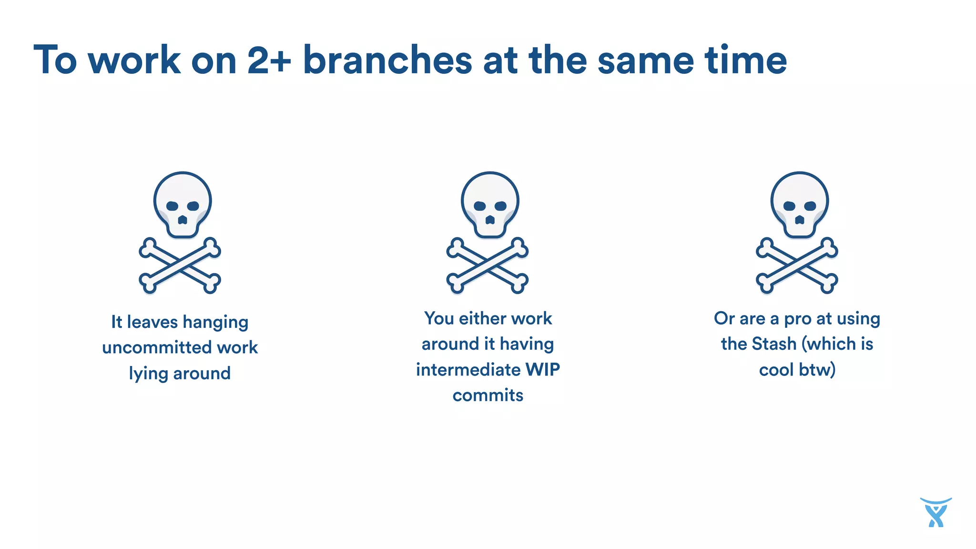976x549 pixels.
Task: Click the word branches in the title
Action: coord(387,60)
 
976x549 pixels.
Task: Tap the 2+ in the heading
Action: coord(269,60)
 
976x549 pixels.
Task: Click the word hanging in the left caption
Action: coord(215,323)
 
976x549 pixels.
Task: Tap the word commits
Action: coord(488,396)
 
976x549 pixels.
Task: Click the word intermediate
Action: coord(468,370)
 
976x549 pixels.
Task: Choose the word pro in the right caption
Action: coord(797,319)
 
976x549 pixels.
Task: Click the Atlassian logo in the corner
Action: coord(935,513)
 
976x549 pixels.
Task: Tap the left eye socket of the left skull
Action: coord(172,206)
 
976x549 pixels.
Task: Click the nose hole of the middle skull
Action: coord(490,220)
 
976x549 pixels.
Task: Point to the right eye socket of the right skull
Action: coord(810,206)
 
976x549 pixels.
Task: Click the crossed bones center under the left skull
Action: coord(180,265)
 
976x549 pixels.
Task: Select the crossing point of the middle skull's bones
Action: coord(488,265)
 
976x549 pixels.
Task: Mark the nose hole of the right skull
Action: coord(800,220)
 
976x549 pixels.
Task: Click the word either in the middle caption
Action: coord(478,319)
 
